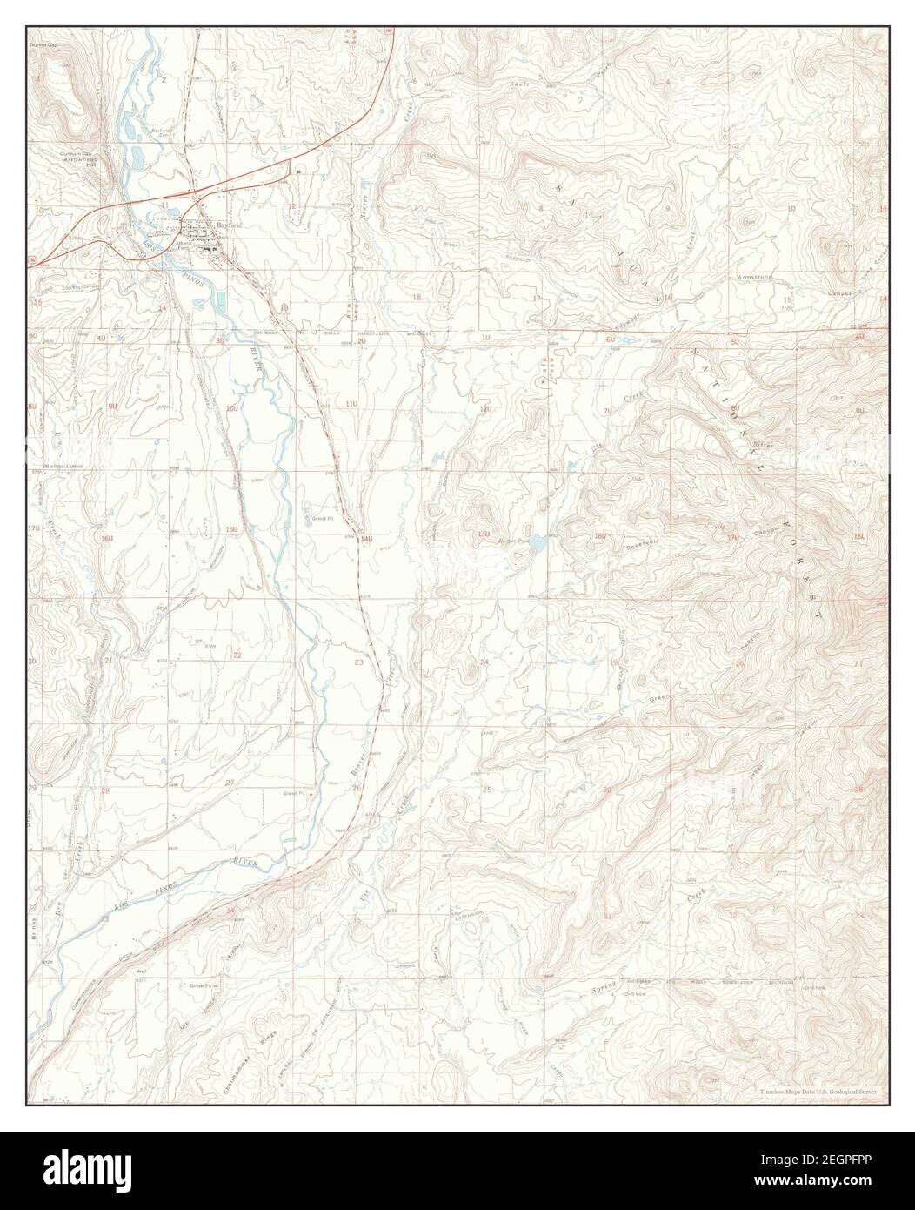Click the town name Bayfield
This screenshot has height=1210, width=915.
230,224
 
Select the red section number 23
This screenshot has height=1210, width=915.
359,662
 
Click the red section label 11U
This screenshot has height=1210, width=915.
351,404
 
